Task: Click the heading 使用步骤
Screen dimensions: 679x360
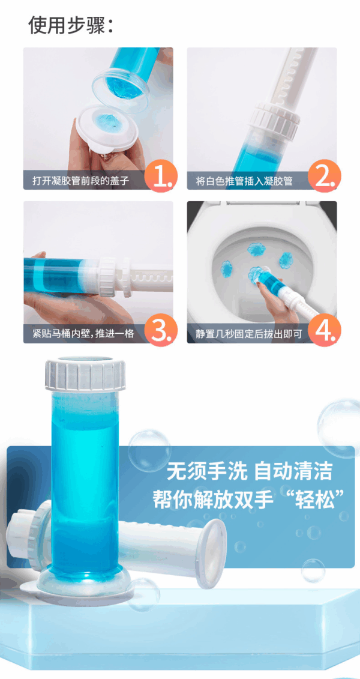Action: [x=71, y=25]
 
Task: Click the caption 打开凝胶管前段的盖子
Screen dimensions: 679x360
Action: [x=80, y=180]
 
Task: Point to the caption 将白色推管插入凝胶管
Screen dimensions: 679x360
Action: [x=245, y=180]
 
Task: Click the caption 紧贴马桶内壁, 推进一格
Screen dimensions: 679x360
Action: [x=83, y=334]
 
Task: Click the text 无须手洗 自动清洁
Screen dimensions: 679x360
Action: [x=249, y=471]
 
